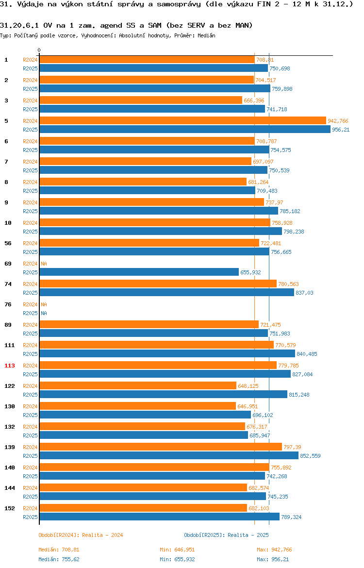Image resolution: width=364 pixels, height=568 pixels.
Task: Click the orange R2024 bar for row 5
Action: point(182,120)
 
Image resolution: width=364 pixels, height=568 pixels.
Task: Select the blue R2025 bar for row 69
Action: point(139,272)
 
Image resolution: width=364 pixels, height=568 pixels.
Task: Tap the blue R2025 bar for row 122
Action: point(164,395)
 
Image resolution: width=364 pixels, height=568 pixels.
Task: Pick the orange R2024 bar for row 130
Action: point(138,406)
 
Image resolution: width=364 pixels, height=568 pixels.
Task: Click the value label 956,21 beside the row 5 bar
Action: point(341,130)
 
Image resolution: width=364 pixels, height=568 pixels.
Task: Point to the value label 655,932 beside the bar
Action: point(250,272)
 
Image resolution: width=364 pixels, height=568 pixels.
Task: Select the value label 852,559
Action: point(311,456)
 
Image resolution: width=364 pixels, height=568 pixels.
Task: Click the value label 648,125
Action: point(248,386)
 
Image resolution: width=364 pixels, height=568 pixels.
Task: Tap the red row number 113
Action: point(10,366)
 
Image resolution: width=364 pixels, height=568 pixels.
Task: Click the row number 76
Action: point(8,304)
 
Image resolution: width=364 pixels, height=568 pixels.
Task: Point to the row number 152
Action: point(10,508)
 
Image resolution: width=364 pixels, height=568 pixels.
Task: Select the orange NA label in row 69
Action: point(44,264)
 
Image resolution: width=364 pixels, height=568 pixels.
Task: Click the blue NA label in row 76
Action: point(44,313)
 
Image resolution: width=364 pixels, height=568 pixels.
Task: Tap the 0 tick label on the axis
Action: point(39,50)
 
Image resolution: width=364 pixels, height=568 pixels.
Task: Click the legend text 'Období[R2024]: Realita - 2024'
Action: point(81,535)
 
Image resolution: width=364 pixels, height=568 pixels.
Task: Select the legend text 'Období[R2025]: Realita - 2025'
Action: point(226,535)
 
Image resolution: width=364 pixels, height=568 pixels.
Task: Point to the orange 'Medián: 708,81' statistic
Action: point(59,550)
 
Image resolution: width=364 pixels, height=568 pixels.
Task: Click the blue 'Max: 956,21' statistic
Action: point(273,559)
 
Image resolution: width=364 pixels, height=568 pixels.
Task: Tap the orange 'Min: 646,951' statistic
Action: point(177,550)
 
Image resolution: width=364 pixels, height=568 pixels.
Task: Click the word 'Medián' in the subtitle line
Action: point(206,35)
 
